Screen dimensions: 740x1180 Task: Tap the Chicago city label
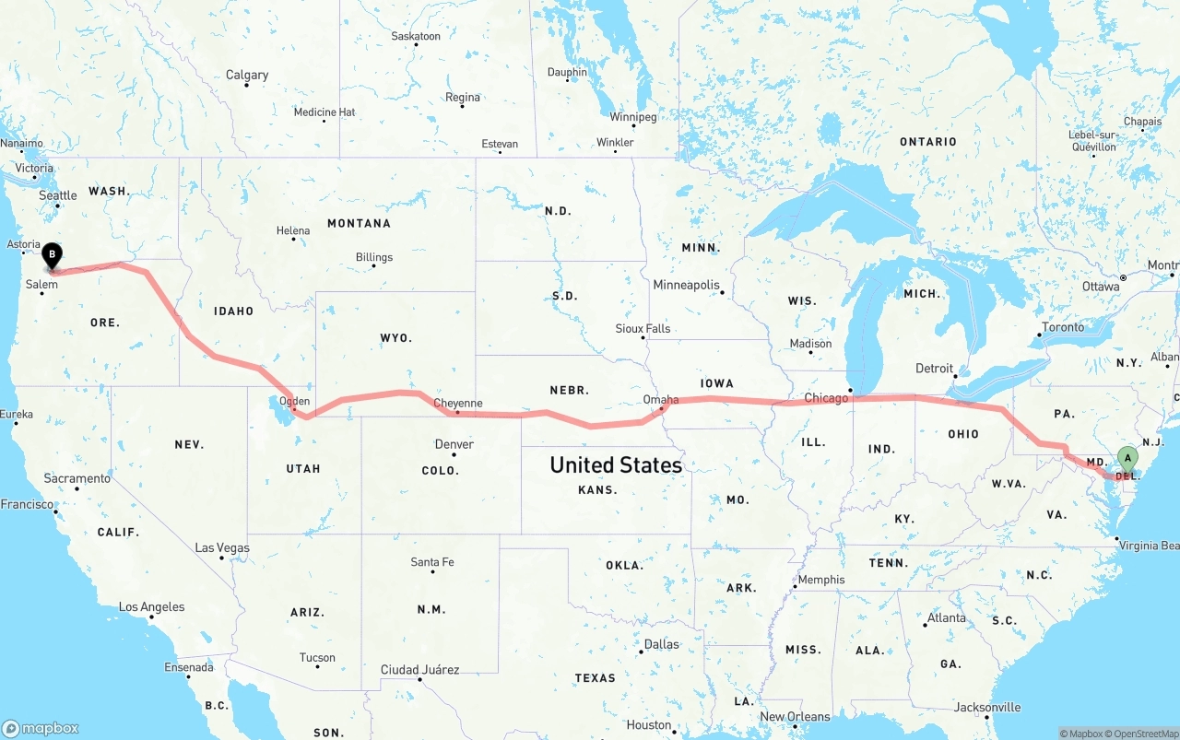(x=826, y=398)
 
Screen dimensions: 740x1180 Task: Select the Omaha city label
(x=661, y=399)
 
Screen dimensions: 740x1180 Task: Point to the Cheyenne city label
(x=458, y=403)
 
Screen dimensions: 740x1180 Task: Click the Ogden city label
(x=295, y=401)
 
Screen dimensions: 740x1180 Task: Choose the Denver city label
(x=454, y=444)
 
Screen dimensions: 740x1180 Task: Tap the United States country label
(x=616, y=464)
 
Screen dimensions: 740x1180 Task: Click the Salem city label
(x=41, y=285)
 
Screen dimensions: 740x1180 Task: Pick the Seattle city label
(x=58, y=195)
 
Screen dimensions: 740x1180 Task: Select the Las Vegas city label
(x=222, y=547)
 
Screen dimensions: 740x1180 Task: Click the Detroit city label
(x=935, y=369)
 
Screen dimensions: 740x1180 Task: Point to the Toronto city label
(x=1064, y=327)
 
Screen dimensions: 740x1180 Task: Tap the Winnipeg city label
(x=633, y=117)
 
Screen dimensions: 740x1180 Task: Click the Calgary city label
(x=247, y=75)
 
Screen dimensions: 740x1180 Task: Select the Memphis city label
(x=820, y=580)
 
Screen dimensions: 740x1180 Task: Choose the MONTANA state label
(x=359, y=223)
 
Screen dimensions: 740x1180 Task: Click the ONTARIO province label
(x=928, y=141)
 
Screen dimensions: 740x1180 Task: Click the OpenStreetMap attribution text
(x=1144, y=734)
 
